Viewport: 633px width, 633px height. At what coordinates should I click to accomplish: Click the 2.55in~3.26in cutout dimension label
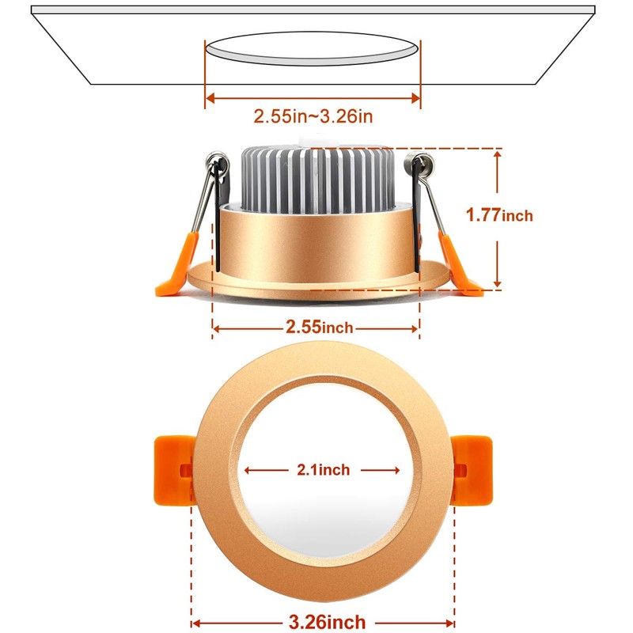[313, 116]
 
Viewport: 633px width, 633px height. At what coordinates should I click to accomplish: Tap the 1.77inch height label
[499, 214]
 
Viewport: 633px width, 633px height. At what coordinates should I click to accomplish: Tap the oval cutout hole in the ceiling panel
[312, 50]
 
